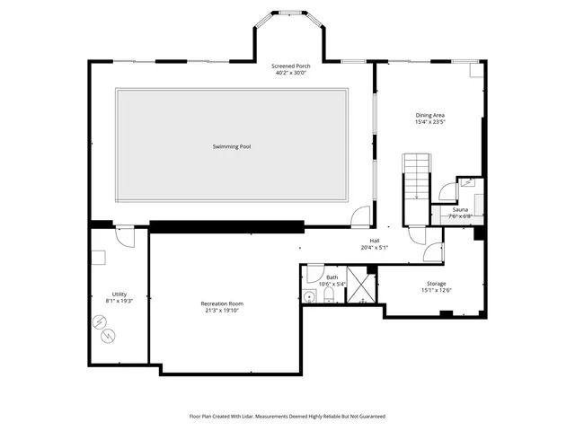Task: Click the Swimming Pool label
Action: [231, 146]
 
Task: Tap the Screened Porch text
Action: [291, 66]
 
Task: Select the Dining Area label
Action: [429, 115]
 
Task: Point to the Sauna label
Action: [460, 209]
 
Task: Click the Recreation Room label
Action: [222, 303]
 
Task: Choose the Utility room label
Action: [119, 295]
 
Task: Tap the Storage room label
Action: [436, 284]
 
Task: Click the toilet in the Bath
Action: [329, 295]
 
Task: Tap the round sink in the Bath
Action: [308, 296]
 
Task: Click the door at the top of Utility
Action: [126, 237]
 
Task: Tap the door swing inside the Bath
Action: [314, 274]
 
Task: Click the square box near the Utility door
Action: [100, 258]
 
